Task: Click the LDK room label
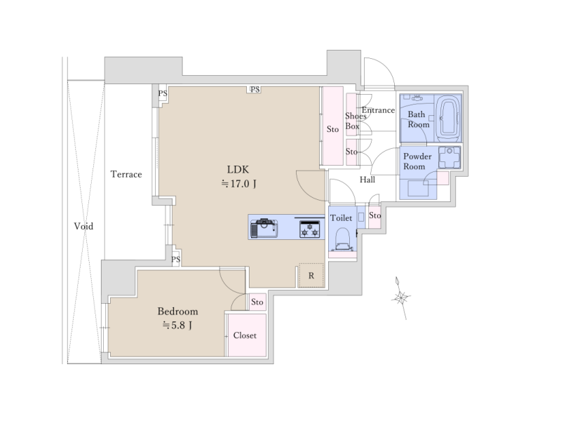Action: pyautogui.click(x=238, y=169)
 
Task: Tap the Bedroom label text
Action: pyautogui.click(x=178, y=311)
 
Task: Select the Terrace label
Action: pyautogui.click(x=126, y=174)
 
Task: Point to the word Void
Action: pyautogui.click(x=83, y=226)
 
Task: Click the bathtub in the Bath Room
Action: pyautogui.click(x=449, y=117)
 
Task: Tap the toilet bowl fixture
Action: pyautogui.click(x=343, y=239)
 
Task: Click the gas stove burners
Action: pyautogui.click(x=309, y=229)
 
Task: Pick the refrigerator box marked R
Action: pyautogui.click(x=311, y=275)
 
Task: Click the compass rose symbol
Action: pyautogui.click(x=401, y=298)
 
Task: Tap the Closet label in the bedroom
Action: pyautogui.click(x=245, y=335)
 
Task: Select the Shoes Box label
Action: pyautogui.click(x=355, y=121)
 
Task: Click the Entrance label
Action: pyautogui.click(x=378, y=110)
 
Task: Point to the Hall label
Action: pyautogui.click(x=367, y=180)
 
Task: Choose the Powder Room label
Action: pyautogui.click(x=417, y=161)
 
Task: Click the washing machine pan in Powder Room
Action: pyautogui.click(x=450, y=157)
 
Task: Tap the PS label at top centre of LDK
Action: pyautogui.click(x=255, y=89)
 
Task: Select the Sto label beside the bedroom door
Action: pyautogui.click(x=257, y=302)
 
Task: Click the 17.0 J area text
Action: pyautogui.click(x=238, y=184)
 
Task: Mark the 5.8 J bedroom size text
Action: pyautogui.click(x=177, y=326)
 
